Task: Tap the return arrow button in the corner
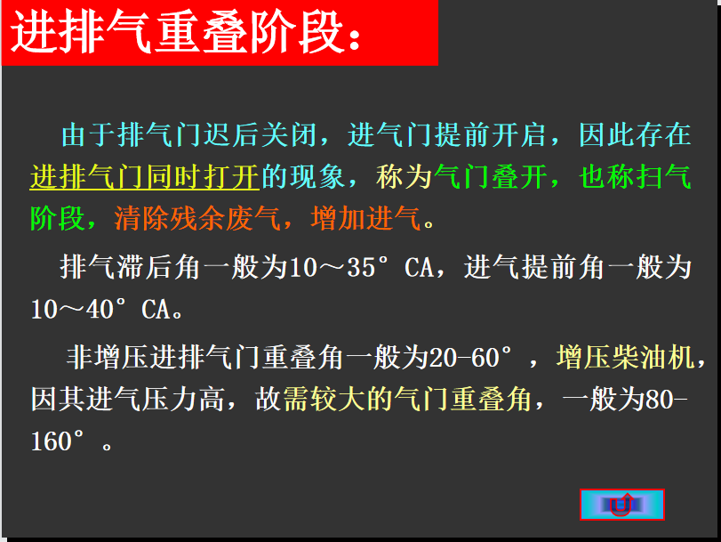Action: (621, 505)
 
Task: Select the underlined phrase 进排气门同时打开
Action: (145, 176)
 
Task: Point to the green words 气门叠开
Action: (491, 176)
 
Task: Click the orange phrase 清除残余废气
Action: (196, 218)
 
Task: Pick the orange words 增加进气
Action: (365, 218)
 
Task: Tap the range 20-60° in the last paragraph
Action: (470, 357)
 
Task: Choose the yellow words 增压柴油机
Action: (625, 357)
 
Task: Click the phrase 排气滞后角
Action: (130, 267)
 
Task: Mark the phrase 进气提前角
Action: (533, 267)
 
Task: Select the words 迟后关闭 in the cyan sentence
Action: (260, 135)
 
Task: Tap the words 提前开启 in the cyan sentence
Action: (490, 135)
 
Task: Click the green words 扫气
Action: (662, 176)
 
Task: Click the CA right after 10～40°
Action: (156, 309)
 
